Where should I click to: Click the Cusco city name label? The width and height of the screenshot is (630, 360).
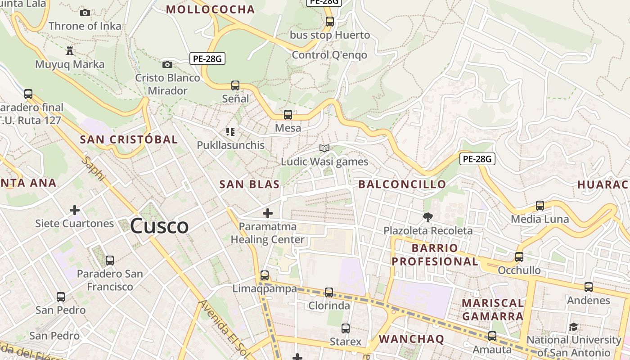click(x=159, y=226)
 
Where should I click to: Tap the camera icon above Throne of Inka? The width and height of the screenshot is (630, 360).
click(x=85, y=13)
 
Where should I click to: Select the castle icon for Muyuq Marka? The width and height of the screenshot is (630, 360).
click(x=69, y=50)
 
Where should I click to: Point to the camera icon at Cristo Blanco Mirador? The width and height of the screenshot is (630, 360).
click(x=167, y=64)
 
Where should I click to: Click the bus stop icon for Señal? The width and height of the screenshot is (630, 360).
click(x=235, y=85)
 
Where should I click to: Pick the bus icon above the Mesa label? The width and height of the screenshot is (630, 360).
click(x=288, y=115)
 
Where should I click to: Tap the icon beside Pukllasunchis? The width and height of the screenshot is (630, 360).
click(x=230, y=132)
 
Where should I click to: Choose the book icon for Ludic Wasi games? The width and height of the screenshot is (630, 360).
click(x=324, y=148)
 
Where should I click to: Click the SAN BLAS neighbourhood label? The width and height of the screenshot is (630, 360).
click(x=249, y=184)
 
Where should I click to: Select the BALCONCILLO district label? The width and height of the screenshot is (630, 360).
click(x=402, y=184)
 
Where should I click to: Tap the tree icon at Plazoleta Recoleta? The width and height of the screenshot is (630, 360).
click(x=428, y=217)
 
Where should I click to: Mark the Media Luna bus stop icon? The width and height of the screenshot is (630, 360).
click(x=540, y=206)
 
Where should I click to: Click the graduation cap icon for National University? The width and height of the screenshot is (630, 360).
click(x=573, y=327)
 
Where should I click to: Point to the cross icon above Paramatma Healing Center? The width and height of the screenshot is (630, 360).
click(x=268, y=213)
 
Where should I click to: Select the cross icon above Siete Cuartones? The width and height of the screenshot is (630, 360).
click(x=75, y=210)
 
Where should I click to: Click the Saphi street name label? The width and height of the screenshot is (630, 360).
click(x=94, y=169)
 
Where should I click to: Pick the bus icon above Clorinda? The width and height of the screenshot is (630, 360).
click(x=329, y=292)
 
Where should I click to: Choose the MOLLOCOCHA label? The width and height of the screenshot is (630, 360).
click(x=211, y=9)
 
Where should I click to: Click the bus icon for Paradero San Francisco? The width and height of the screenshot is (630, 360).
click(x=109, y=260)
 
